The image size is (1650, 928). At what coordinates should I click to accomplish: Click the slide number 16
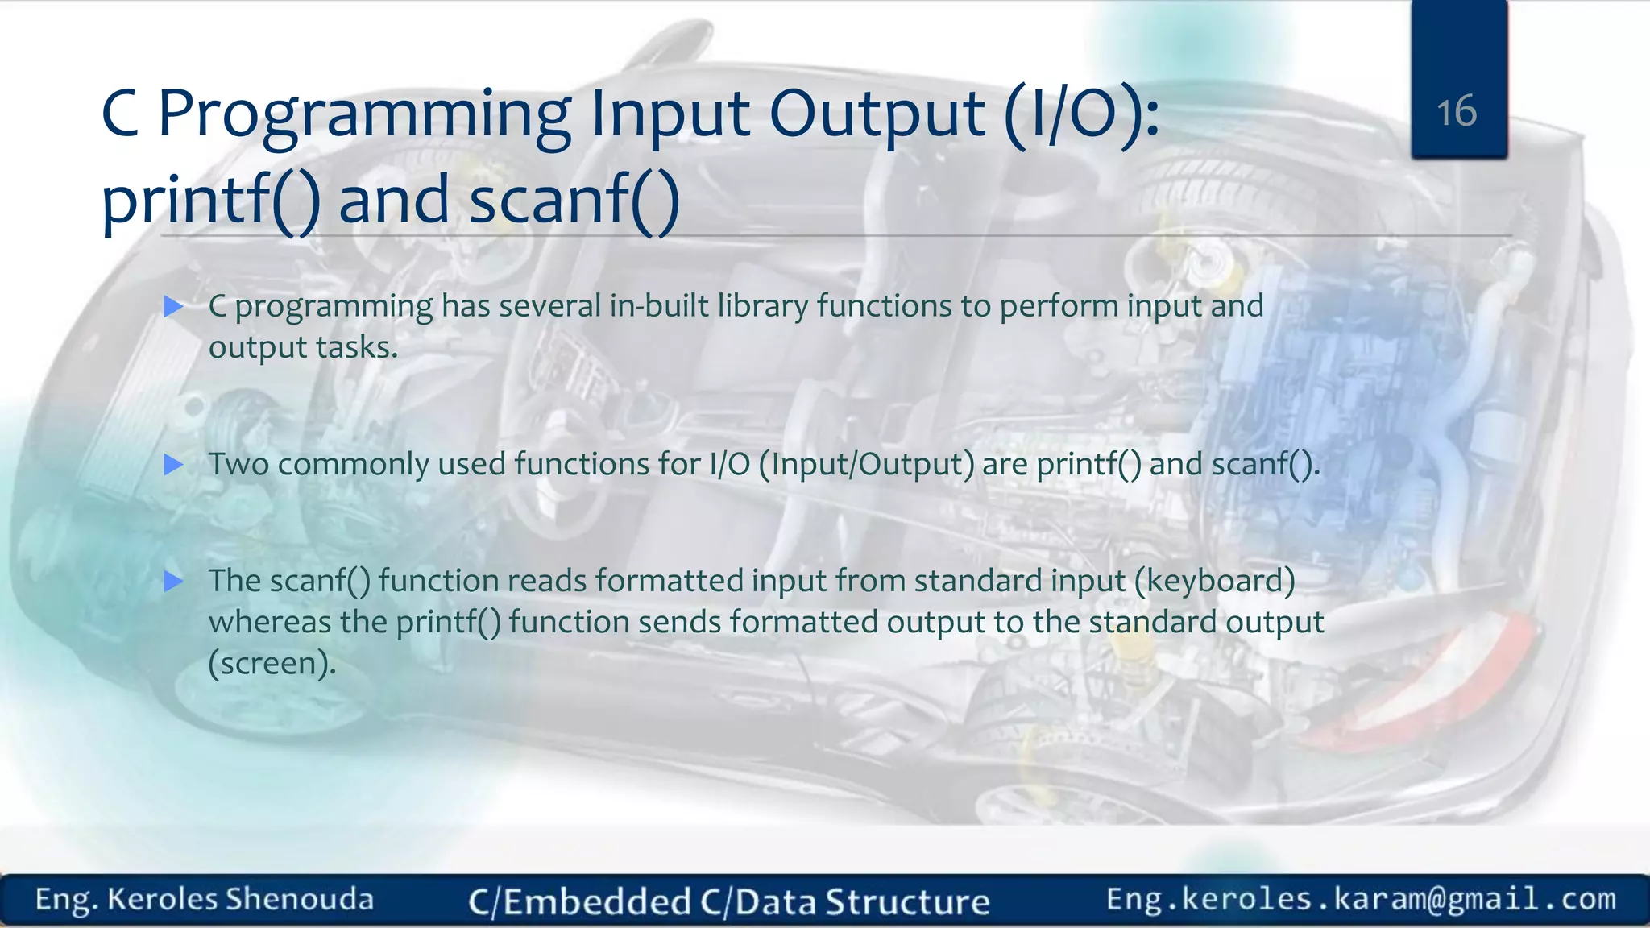tap(1457, 111)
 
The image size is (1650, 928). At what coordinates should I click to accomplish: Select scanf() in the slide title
tap(574, 201)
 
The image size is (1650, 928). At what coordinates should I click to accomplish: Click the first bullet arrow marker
tap(173, 306)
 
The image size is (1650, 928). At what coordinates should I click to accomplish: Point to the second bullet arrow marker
tap(173, 464)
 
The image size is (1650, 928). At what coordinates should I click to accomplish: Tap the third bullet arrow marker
tap(173, 581)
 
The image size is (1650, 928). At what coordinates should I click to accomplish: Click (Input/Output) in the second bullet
tap(866, 465)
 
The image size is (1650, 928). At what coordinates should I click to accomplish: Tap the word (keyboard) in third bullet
tap(1214, 581)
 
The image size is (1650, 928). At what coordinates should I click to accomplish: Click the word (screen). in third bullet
tap(272, 664)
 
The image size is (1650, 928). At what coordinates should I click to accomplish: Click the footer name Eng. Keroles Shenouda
tap(205, 899)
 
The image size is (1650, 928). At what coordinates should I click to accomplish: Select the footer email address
tap(1361, 899)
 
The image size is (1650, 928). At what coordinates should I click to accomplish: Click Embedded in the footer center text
tap(597, 901)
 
